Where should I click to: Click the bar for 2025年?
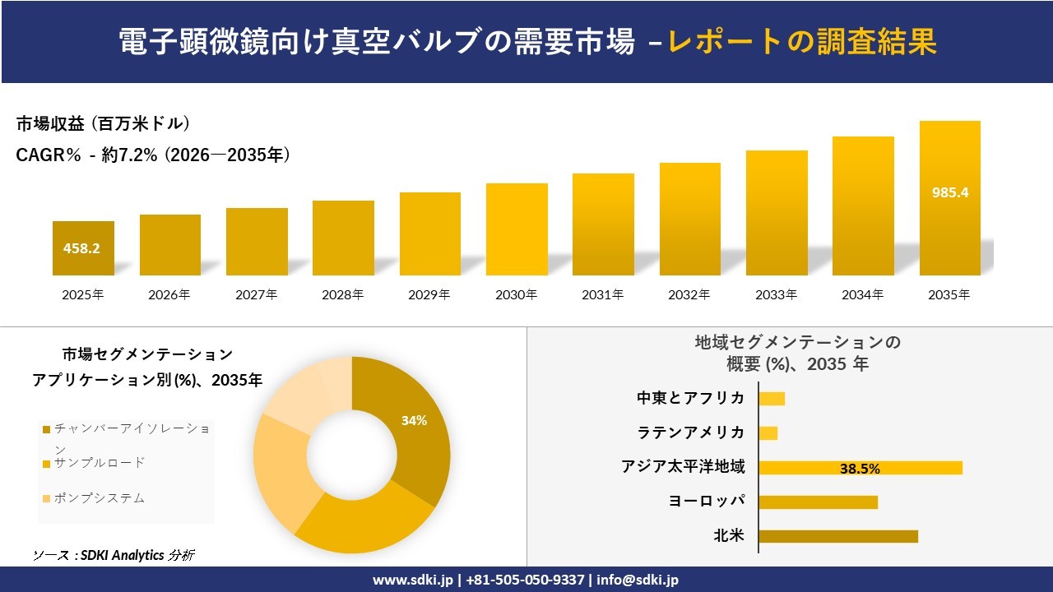tap(83, 248)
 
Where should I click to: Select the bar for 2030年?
tap(517, 229)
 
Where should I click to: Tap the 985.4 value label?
tap(950, 192)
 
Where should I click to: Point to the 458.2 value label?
tap(83, 247)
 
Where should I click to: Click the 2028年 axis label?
tap(343, 294)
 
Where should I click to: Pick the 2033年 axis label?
tap(777, 294)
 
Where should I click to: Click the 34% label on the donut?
tap(414, 420)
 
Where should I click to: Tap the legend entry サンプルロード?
tap(99, 463)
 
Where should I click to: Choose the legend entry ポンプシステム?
tap(99, 497)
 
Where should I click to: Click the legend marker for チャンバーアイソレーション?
tap(47, 429)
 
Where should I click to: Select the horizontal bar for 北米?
tap(837, 536)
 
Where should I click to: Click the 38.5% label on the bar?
tap(860, 469)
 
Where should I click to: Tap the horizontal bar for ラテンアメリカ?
tap(768, 432)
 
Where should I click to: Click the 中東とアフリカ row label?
tap(691, 398)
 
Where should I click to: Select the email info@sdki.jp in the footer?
tap(638, 580)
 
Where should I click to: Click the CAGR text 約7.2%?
tap(129, 155)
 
